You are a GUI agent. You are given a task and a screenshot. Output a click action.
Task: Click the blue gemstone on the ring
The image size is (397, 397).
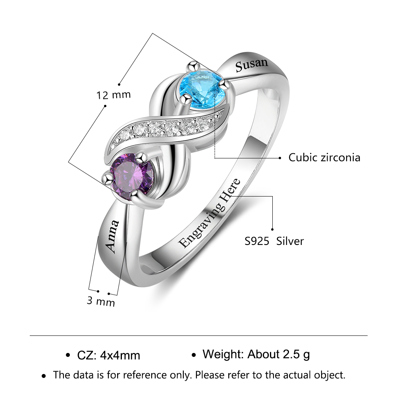pyautogui.click(x=202, y=89)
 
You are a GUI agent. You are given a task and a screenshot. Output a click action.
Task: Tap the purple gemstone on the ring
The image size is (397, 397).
pyautogui.click(x=133, y=176)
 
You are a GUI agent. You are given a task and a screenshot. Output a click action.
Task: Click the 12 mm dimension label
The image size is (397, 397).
pyautogui.click(x=114, y=95)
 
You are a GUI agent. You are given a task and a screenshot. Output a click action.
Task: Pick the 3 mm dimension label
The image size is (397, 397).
pyautogui.click(x=101, y=301)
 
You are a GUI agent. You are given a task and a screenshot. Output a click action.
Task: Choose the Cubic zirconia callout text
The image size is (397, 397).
pyautogui.click(x=324, y=158)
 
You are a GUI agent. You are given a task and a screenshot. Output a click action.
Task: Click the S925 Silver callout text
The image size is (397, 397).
pyautogui.click(x=274, y=241)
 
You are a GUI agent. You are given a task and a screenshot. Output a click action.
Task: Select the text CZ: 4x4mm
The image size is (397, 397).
pyautogui.click(x=109, y=355)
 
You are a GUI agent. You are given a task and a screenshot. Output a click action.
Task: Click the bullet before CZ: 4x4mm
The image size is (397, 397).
pyautogui.click(x=67, y=355)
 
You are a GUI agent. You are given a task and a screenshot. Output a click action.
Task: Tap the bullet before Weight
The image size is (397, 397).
pyautogui.click(x=194, y=355)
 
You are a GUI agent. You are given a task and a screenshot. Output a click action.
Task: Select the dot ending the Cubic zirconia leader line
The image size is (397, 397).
pyautogui.click(x=280, y=158)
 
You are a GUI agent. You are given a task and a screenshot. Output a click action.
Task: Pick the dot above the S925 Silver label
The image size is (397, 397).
pyautogui.click(x=272, y=229)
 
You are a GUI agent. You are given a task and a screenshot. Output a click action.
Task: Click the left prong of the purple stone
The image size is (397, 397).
pyautogui.click(x=108, y=178)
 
